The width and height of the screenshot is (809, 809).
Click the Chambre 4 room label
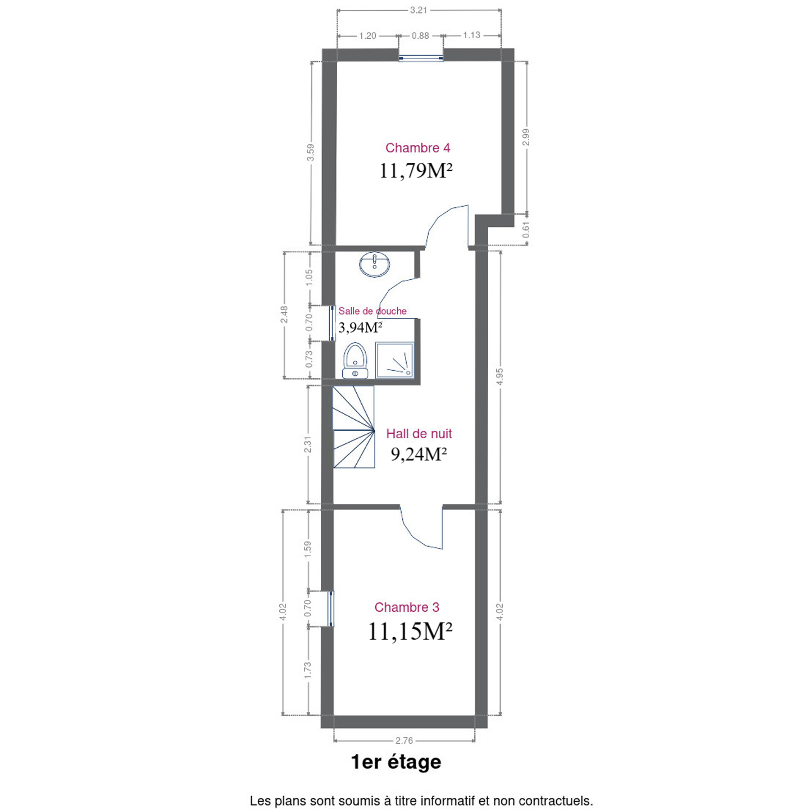pos(417,148)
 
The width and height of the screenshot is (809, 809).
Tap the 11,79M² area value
pos(416,171)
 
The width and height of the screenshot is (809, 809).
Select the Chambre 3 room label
pos(407,607)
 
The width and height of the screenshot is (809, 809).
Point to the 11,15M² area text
pos(410,631)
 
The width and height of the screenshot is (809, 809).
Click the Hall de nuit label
pos(419,434)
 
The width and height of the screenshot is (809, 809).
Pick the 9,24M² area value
pos(419,455)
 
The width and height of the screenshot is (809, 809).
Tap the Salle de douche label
pos(372,311)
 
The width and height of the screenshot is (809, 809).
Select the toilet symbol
pos(355,361)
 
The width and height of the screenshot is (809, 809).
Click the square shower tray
pos(394,361)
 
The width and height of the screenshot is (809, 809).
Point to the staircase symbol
pos(353,427)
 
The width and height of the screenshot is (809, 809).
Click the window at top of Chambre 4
pos(421,59)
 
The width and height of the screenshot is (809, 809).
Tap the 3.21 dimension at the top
pos(419,10)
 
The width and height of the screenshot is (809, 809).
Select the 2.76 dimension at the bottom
pos(404,740)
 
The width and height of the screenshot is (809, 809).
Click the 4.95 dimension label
pos(499,376)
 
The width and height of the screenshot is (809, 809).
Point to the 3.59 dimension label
pos(310,152)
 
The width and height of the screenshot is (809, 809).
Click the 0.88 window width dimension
pos(420,36)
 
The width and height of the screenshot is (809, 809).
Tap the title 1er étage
pos(396,762)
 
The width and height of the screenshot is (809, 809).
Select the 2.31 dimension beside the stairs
pos(308,444)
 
